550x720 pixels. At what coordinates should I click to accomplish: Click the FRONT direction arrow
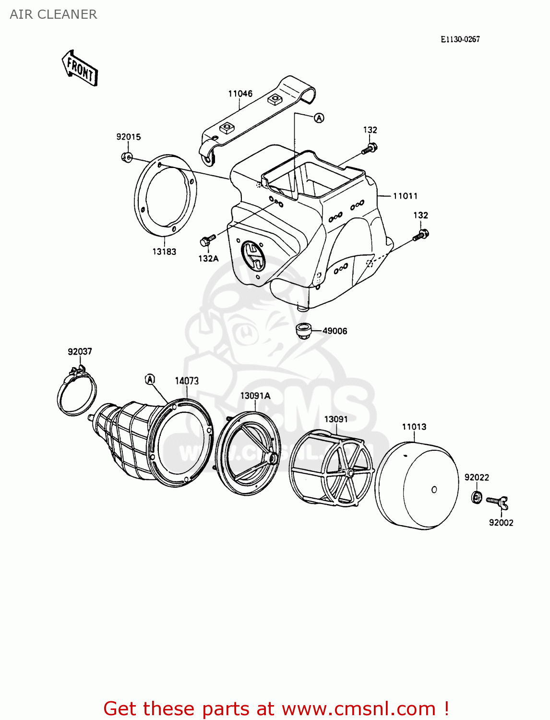79,69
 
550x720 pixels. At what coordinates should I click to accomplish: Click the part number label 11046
240,94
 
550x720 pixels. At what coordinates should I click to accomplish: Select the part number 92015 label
129,137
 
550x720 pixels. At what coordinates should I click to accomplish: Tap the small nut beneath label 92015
127,156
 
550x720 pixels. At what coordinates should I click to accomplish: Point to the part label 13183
164,252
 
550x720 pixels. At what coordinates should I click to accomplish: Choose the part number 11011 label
405,196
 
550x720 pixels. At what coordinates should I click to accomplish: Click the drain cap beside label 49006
303,331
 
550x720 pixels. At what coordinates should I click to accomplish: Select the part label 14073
187,381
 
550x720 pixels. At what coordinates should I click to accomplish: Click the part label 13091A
255,396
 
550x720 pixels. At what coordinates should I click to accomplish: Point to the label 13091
336,419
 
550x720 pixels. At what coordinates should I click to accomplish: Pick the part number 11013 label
414,427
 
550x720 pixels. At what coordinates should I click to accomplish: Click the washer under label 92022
477,497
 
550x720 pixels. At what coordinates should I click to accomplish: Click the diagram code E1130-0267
460,39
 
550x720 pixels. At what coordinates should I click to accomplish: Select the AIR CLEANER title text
53,14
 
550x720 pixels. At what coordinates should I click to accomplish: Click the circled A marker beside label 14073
150,379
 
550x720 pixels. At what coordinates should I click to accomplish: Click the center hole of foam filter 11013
434,490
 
